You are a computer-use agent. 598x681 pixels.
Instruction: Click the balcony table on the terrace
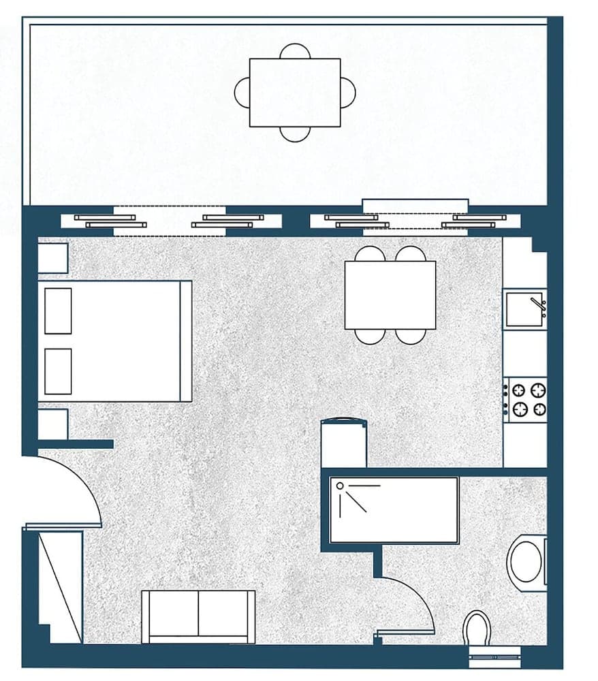[x=294, y=93]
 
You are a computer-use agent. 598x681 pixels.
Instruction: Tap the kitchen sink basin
[x=524, y=309]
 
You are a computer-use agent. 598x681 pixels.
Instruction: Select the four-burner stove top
[x=526, y=400]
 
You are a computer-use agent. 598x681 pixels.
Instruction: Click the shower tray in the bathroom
[x=394, y=510]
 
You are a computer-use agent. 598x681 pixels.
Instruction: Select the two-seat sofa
[x=198, y=616]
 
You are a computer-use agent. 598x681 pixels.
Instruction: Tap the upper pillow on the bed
[x=58, y=311]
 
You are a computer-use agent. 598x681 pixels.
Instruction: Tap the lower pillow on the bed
[x=58, y=371]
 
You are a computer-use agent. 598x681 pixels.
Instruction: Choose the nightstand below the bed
[x=52, y=424]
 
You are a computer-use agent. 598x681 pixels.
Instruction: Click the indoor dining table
[x=390, y=295]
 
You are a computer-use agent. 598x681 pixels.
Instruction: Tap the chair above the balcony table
[x=295, y=52]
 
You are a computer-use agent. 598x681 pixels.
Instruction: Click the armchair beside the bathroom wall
[x=344, y=444]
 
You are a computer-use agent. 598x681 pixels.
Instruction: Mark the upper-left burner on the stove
[x=519, y=390]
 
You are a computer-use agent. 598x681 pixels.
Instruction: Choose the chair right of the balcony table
[x=348, y=93]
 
